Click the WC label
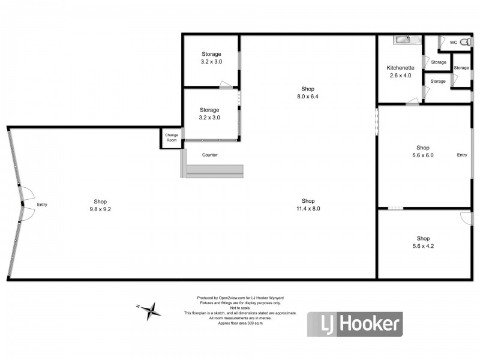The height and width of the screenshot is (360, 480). pos(454,42)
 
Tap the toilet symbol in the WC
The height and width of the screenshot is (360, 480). pos(466,42)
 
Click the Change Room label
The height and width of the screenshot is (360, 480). pos(172,137)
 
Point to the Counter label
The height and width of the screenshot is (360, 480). pos(209,155)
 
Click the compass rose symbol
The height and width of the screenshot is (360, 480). pos(149,311)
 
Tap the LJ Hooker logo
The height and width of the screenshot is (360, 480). pos(355,324)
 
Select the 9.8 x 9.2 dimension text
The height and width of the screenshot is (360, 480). pos(100,209)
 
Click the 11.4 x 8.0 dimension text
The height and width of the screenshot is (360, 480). pos(308,208)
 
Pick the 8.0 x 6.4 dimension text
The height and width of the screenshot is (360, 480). pos(308,97)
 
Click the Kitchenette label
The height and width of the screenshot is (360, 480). pos(400,68)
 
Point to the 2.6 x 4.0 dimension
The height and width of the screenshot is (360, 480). pos(400,76)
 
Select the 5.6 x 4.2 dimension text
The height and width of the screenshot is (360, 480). pos(423,246)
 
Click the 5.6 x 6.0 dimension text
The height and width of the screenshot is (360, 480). pos(423,155)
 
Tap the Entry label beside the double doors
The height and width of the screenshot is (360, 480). pos(42,205)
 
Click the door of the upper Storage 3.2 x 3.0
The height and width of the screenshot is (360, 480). pos(226,85)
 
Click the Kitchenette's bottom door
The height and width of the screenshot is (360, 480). pos(412,101)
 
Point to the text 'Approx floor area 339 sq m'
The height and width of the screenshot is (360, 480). pos(241,323)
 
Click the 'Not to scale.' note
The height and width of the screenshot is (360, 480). pos(241,308)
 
